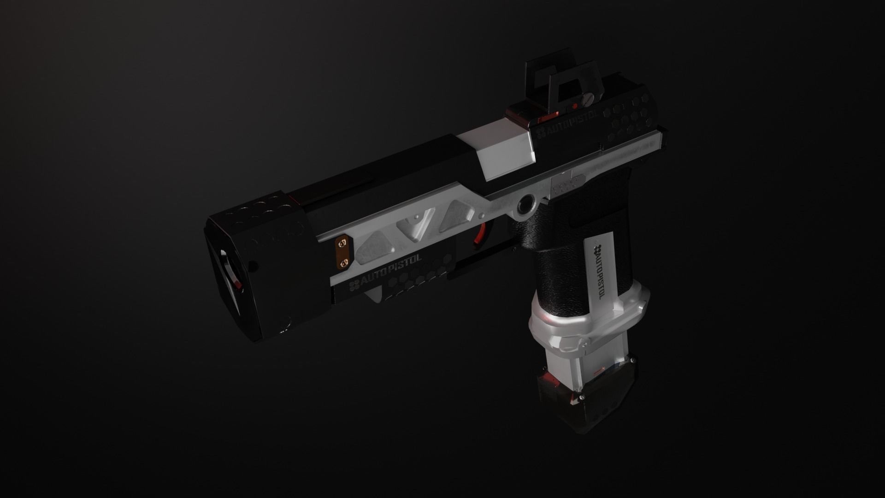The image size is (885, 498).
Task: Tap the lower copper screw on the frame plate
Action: coord(343,262)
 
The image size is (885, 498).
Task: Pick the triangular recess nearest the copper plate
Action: coord(374,252)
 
